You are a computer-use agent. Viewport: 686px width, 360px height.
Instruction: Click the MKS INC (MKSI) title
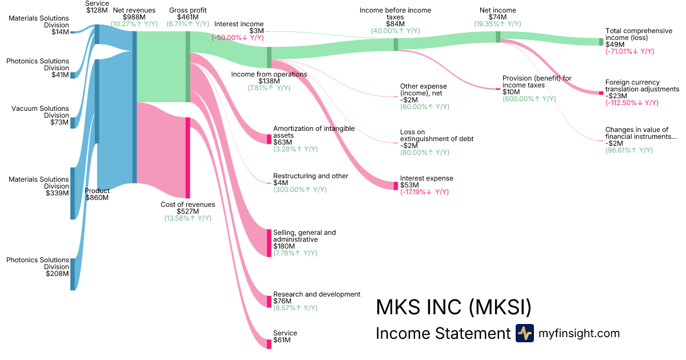pyautogui.click(x=453, y=307)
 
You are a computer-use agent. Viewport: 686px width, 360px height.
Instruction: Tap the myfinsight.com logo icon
pyautogui.click(x=524, y=333)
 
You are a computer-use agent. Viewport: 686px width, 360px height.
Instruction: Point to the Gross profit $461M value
pyautogui.click(x=188, y=17)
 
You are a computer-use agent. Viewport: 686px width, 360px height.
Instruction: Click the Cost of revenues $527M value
pyautogui.click(x=188, y=211)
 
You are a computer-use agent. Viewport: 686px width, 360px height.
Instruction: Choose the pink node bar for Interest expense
pyautogui.click(x=396, y=186)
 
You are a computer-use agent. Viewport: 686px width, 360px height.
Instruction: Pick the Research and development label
pyautogui.click(x=317, y=294)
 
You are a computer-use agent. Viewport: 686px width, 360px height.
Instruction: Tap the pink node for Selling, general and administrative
pyautogui.click(x=269, y=243)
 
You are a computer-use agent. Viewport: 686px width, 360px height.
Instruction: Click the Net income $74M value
pyautogui.click(x=497, y=17)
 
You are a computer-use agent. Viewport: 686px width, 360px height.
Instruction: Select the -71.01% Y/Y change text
pyautogui.click(x=629, y=51)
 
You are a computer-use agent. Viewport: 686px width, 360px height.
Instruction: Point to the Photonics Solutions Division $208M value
pyautogui.click(x=57, y=274)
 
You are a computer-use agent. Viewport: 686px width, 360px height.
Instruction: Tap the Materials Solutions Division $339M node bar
pyautogui.click(x=73, y=193)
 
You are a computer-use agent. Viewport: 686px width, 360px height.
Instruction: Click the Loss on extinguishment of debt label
pyautogui.click(x=437, y=135)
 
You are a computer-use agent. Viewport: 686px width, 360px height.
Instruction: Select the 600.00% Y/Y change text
pyautogui.click(x=529, y=99)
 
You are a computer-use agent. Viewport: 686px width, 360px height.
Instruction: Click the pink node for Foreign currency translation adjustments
pyautogui.click(x=601, y=93)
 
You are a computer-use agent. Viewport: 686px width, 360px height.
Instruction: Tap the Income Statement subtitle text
pyautogui.click(x=442, y=334)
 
